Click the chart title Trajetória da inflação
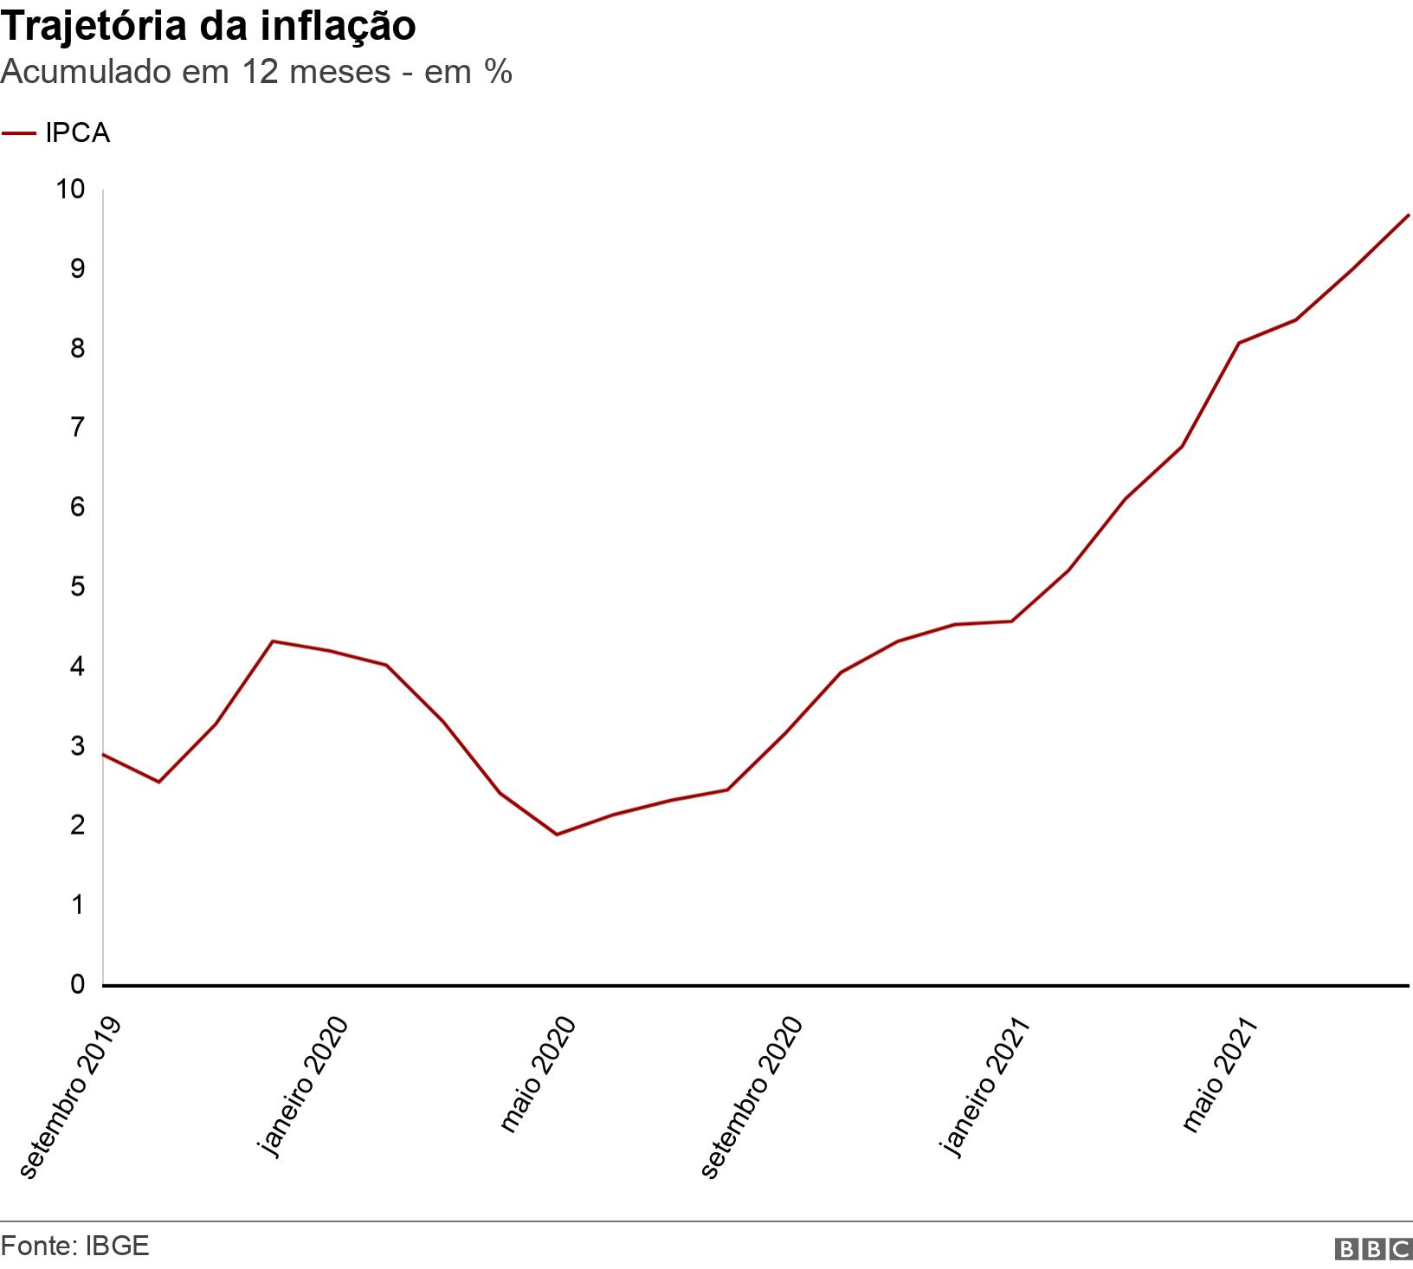tap(208, 27)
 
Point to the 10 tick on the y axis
tap(72, 190)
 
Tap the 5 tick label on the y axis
tap(79, 587)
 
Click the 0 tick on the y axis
tap(79, 984)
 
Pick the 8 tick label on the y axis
tap(79, 348)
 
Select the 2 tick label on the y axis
tap(79, 826)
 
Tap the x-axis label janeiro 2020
tap(304, 1087)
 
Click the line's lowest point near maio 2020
tap(556, 834)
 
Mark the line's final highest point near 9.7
tap(1409, 215)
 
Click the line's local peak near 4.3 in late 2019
tap(273, 641)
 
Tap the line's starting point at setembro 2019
tap(103, 754)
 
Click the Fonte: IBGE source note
tap(75, 1246)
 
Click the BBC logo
tap(1374, 1248)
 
